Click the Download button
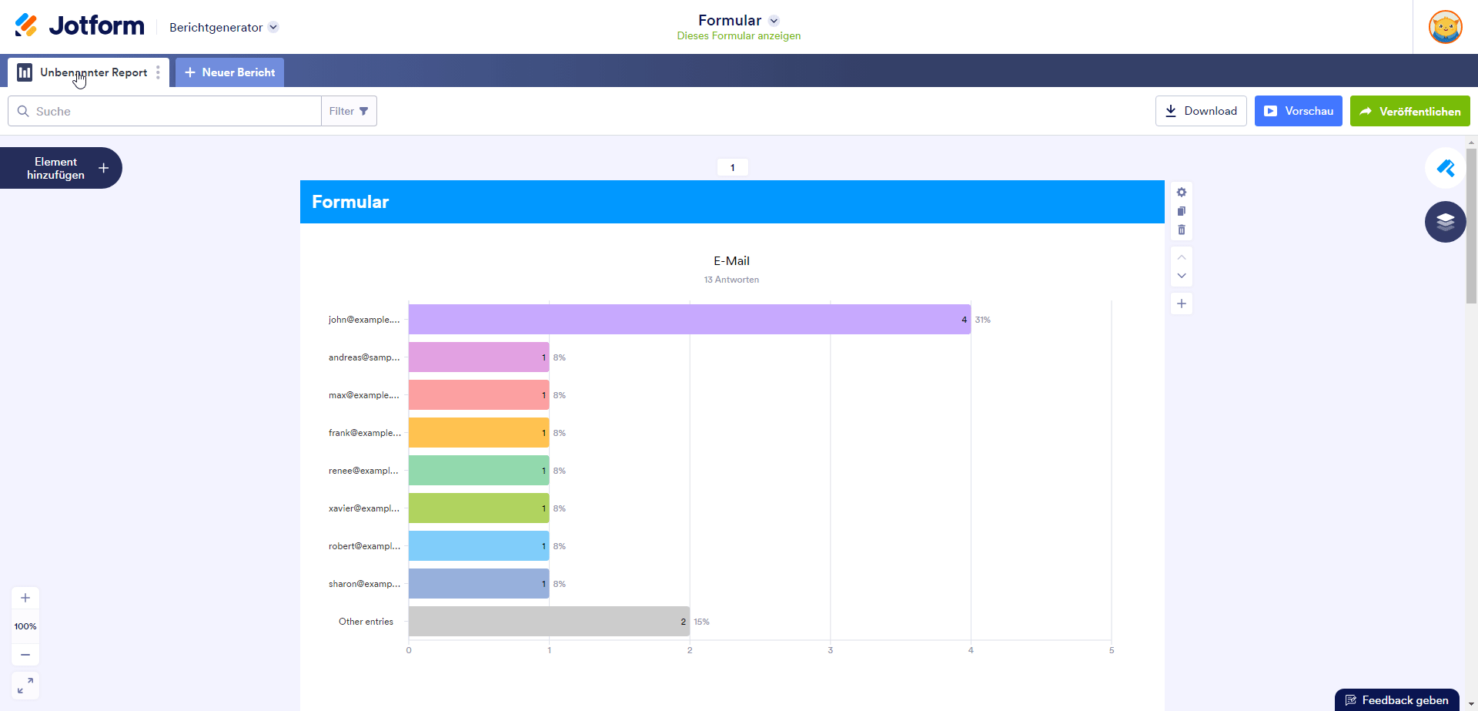1201,111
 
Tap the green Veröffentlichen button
1409,111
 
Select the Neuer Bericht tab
229,72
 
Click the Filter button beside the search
349,111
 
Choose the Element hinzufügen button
61,168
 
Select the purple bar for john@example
689,319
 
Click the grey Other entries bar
548,621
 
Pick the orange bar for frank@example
478,433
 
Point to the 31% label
983,320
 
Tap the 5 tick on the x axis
1111,650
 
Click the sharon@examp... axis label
364,584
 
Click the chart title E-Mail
731,261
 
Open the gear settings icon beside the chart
1182,193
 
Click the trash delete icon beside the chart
1182,230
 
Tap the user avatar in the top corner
1445,27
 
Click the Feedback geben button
1396,700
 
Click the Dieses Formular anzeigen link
738,36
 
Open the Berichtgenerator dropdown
223,28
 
